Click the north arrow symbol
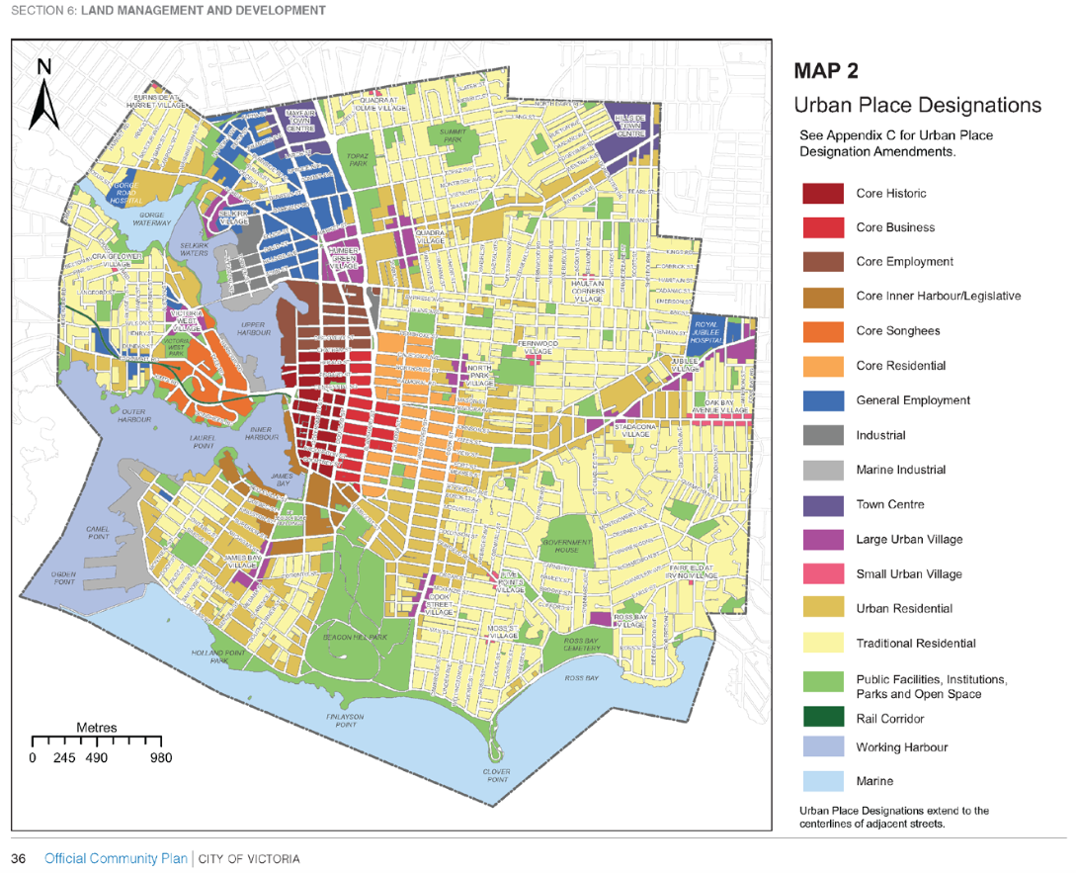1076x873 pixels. point(43,96)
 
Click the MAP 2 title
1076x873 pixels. point(826,71)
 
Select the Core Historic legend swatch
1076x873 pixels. point(822,194)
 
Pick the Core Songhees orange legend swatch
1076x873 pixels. point(822,331)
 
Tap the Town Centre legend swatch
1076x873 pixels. point(822,505)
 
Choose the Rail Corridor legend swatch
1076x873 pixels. point(822,718)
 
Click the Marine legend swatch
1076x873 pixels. point(822,781)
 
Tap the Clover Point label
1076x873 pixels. point(496,775)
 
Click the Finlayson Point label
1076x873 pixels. point(345,720)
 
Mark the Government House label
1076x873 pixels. point(566,546)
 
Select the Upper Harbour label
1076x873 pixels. point(253,328)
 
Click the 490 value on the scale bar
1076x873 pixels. point(96,758)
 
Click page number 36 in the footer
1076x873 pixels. point(19,858)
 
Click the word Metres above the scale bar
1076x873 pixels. point(97,728)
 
